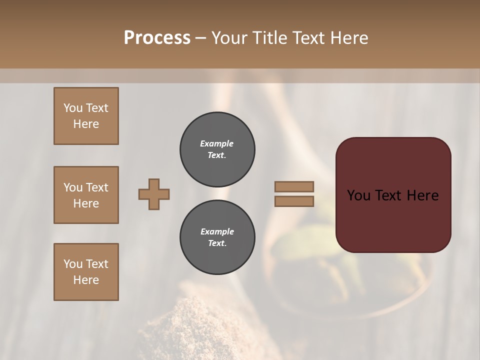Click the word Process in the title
[x=157, y=38]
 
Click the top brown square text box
[x=86, y=116]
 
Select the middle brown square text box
[x=86, y=195]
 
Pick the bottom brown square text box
[x=86, y=272]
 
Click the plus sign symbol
[x=154, y=194]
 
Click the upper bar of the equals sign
[x=294, y=186]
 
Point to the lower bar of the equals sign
[x=294, y=201]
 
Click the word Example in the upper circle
[x=217, y=143]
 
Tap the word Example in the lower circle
[x=217, y=231]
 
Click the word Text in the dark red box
[x=387, y=195]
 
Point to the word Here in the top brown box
[x=86, y=124]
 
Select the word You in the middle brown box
[x=73, y=187]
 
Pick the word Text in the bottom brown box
[x=97, y=264]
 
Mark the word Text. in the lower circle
[x=217, y=243]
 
